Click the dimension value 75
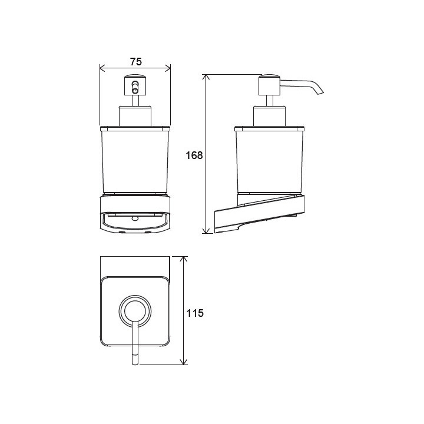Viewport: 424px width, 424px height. point(136,62)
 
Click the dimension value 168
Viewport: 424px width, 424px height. point(194,155)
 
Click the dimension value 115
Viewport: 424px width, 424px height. point(195,313)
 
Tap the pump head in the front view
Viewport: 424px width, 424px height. point(135,85)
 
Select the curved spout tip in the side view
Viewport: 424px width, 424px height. point(320,91)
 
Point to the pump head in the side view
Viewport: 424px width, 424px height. point(269,85)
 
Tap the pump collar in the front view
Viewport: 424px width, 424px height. point(135,116)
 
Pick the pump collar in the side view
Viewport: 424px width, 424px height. point(269,116)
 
